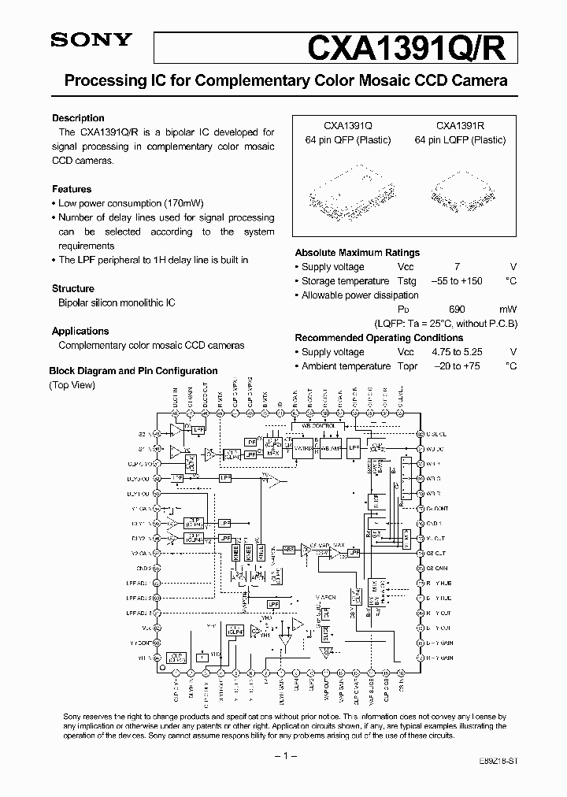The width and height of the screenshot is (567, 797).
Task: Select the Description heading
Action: click(78, 118)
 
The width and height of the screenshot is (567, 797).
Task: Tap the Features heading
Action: click(72, 189)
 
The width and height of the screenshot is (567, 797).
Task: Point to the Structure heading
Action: click(73, 288)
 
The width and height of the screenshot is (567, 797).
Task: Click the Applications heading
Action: click(80, 331)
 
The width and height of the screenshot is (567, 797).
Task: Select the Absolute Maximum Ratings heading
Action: click(357, 253)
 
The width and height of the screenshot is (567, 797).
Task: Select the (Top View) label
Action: click(72, 384)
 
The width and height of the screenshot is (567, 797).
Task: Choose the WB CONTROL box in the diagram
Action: click(319, 425)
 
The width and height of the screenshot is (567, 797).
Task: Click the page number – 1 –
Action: click(283, 756)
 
